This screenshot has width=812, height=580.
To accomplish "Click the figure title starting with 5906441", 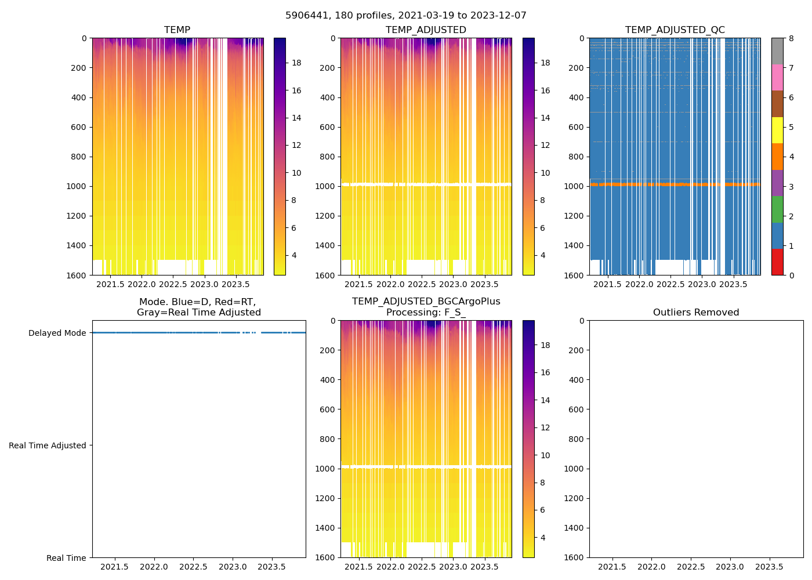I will click(405, 16).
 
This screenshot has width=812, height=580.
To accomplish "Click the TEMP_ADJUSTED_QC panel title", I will click(675, 30).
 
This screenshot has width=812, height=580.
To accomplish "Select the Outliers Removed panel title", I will click(696, 313).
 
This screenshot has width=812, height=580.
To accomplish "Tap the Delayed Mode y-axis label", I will click(57, 333).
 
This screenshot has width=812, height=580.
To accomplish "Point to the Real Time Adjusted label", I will click(48, 445).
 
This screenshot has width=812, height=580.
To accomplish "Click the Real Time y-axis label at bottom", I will click(66, 558).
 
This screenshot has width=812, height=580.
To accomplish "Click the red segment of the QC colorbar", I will click(777, 262).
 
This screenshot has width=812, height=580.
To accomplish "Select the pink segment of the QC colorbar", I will click(777, 77).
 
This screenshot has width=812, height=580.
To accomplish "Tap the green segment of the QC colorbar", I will click(777, 209).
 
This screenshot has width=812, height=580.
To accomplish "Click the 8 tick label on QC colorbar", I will click(792, 38).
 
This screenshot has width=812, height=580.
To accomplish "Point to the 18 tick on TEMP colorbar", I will click(296, 63).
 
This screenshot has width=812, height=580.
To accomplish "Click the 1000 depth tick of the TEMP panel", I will click(76, 186).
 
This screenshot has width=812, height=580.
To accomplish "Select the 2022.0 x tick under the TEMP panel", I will click(142, 285).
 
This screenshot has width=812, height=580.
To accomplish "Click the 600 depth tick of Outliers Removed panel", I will click(576, 409).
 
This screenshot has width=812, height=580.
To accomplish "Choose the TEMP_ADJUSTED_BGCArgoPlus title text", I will click(426, 302).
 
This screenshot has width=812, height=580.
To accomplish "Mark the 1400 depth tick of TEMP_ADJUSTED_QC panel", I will click(574, 245).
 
